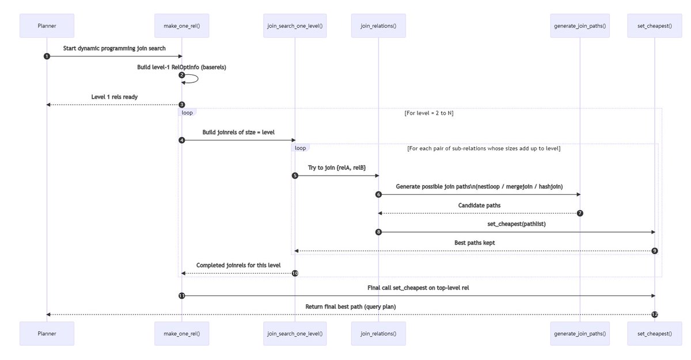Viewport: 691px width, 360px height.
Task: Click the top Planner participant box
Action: coord(47,25)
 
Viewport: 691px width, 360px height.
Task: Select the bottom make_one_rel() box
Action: coord(181,333)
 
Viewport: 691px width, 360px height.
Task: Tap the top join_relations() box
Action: coord(378,25)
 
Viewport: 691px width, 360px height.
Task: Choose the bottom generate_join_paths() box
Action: coord(580,333)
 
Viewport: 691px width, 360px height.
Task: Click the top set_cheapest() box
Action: coord(655,25)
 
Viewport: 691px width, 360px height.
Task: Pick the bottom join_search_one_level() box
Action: coord(294,333)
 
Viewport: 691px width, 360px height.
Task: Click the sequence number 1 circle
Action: coord(47,56)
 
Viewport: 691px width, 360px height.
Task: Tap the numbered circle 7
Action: coord(580,213)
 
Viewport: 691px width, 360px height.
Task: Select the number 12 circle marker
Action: coord(655,314)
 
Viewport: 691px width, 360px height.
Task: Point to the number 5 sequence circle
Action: coord(294,176)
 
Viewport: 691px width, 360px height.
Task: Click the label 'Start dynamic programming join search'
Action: coord(114,48)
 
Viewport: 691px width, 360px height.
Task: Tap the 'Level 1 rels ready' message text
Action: coord(114,97)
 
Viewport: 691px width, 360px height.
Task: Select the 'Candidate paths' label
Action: coord(479,205)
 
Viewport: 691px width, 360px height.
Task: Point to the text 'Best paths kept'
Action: coord(474,243)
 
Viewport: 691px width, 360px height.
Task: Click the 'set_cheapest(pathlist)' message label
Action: coord(516,224)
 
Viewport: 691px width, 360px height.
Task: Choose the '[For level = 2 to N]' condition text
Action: coord(429,113)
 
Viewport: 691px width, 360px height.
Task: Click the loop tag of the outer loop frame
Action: coord(187,112)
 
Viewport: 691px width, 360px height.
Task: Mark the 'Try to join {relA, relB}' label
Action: coord(336,168)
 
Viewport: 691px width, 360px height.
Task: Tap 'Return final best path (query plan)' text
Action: coord(350,306)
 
